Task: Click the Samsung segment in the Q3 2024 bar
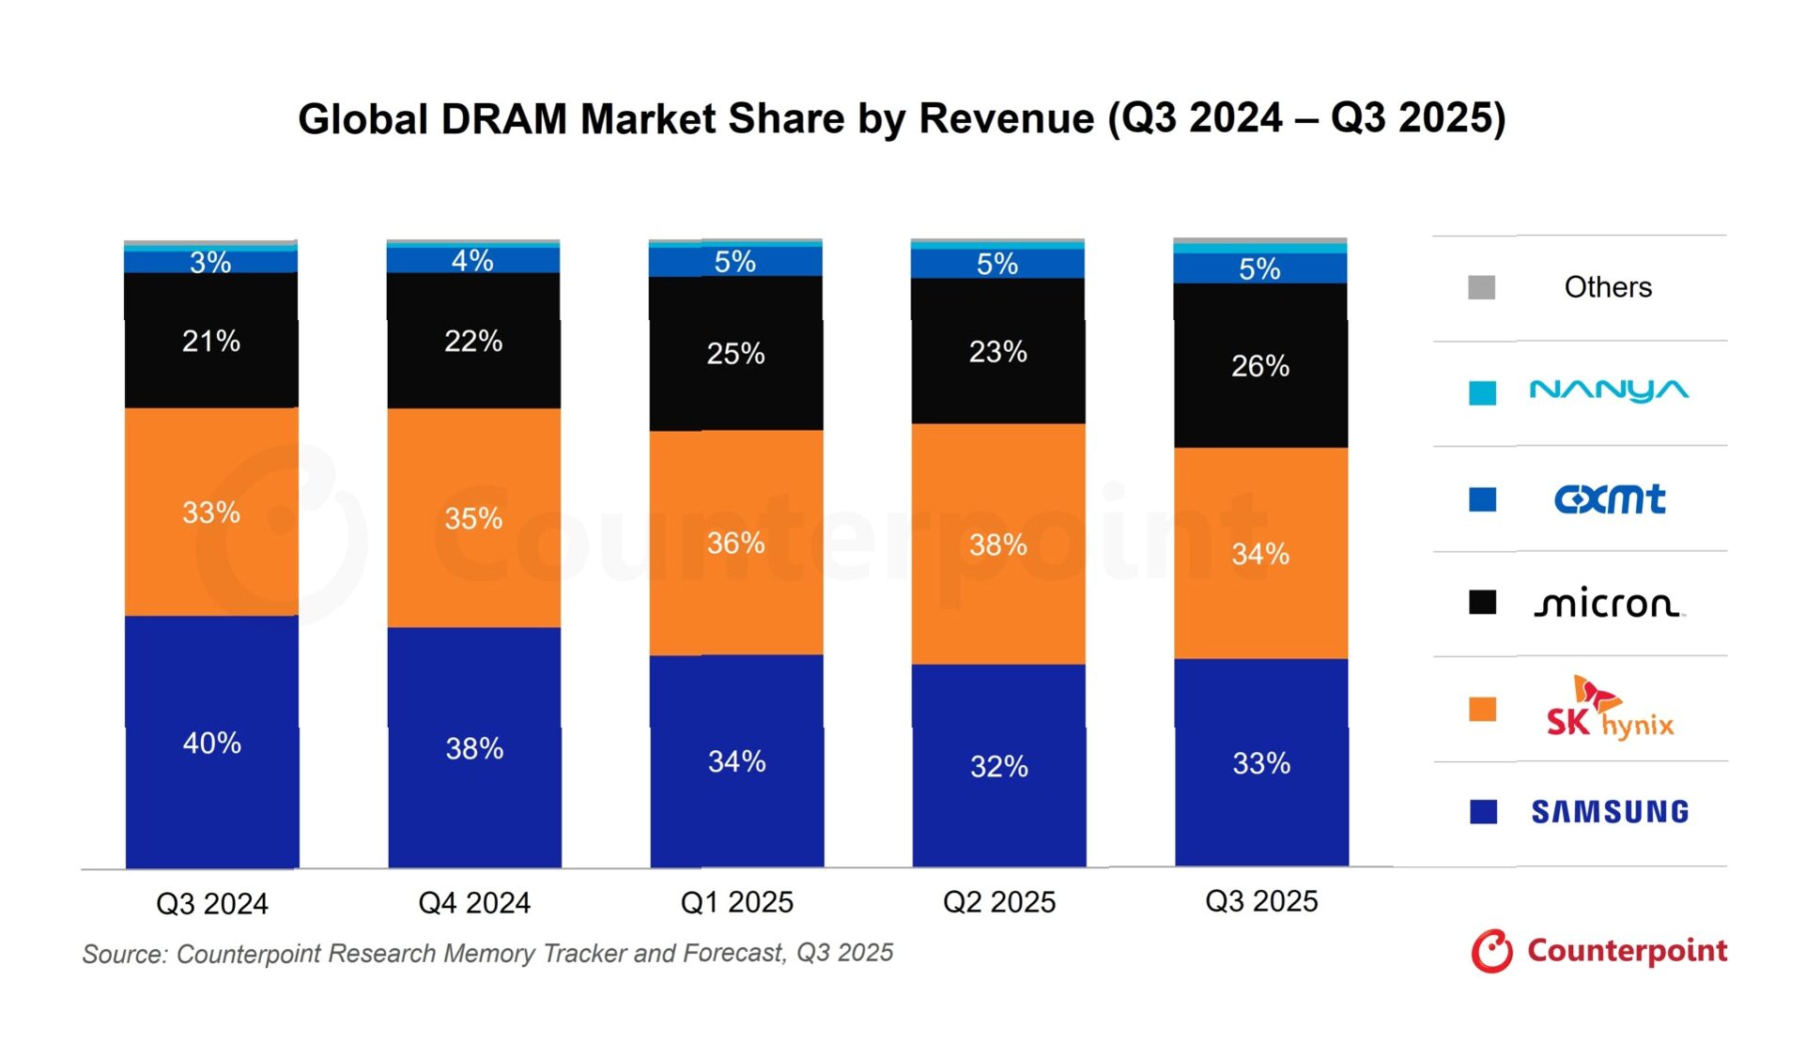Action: click(x=212, y=742)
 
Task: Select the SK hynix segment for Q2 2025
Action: click(x=998, y=544)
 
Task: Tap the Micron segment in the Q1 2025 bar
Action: click(x=736, y=354)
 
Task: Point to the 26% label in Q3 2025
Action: click(x=1260, y=366)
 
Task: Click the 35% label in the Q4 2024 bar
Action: click(x=473, y=518)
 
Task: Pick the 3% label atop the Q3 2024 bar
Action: click(x=210, y=262)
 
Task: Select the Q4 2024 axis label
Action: click(x=474, y=903)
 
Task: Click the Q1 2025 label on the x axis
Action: click(x=736, y=902)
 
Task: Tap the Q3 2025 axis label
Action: click(x=1261, y=901)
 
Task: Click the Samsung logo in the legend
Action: click(x=1610, y=812)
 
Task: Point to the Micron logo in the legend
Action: click(x=1609, y=603)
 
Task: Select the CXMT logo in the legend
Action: click(x=1610, y=498)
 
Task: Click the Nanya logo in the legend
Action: click(x=1609, y=391)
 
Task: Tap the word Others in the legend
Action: click(x=1608, y=287)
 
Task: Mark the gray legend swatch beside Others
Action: click(x=1482, y=287)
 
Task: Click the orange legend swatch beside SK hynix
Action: click(x=1483, y=710)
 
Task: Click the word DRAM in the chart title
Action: click(x=504, y=120)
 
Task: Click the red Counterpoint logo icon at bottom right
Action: click(x=1492, y=952)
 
